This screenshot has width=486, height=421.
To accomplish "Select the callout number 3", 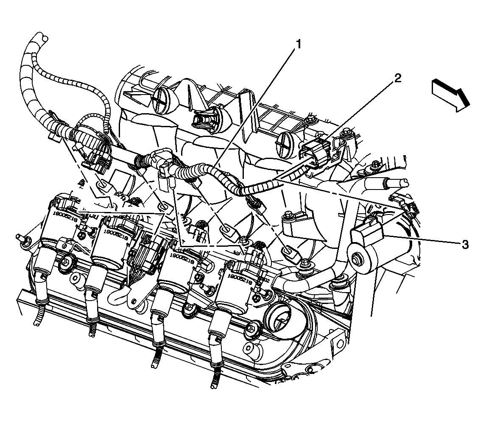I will point(465,244).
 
